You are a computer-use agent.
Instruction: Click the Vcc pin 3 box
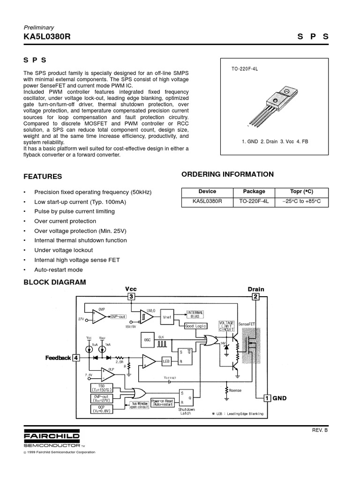pyautogui.click(x=132, y=297)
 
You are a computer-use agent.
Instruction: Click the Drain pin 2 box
pyautogui.click(x=255, y=297)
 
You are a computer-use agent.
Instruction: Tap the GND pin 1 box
pyautogui.click(x=267, y=398)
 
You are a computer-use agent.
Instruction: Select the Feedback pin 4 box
pyautogui.click(x=76, y=358)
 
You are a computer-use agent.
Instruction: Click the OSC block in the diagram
pyautogui.click(x=147, y=339)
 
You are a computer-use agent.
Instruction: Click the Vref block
pyautogui.click(x=167, y=317)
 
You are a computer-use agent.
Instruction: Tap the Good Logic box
pyautogui.click(x=195, y=325)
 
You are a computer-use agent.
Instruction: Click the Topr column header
pyautogui.click(x=301, y=192)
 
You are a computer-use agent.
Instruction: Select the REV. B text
pyautogui.click(x=320, y=429)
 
